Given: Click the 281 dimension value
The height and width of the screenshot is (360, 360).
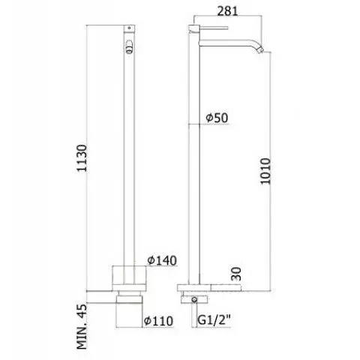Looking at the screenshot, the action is pos(227,10).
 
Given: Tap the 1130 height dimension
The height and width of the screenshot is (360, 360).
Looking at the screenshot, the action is pos(82,158).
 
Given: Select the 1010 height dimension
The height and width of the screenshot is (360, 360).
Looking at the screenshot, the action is pos(265,171).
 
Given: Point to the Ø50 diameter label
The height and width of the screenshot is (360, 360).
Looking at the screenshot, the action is pos(217,118).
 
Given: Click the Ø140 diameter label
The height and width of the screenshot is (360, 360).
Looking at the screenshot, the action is pos(162,260).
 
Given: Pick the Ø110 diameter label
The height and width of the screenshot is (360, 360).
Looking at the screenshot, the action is pos(158,321).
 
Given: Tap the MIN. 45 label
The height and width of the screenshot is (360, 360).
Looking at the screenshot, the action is pos(82,326).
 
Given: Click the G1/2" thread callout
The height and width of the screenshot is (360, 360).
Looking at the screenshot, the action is pos(214,320).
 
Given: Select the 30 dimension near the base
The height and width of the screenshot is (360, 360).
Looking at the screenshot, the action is pos(236,274).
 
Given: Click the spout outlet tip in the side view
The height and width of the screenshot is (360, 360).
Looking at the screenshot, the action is pos(262,51).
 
